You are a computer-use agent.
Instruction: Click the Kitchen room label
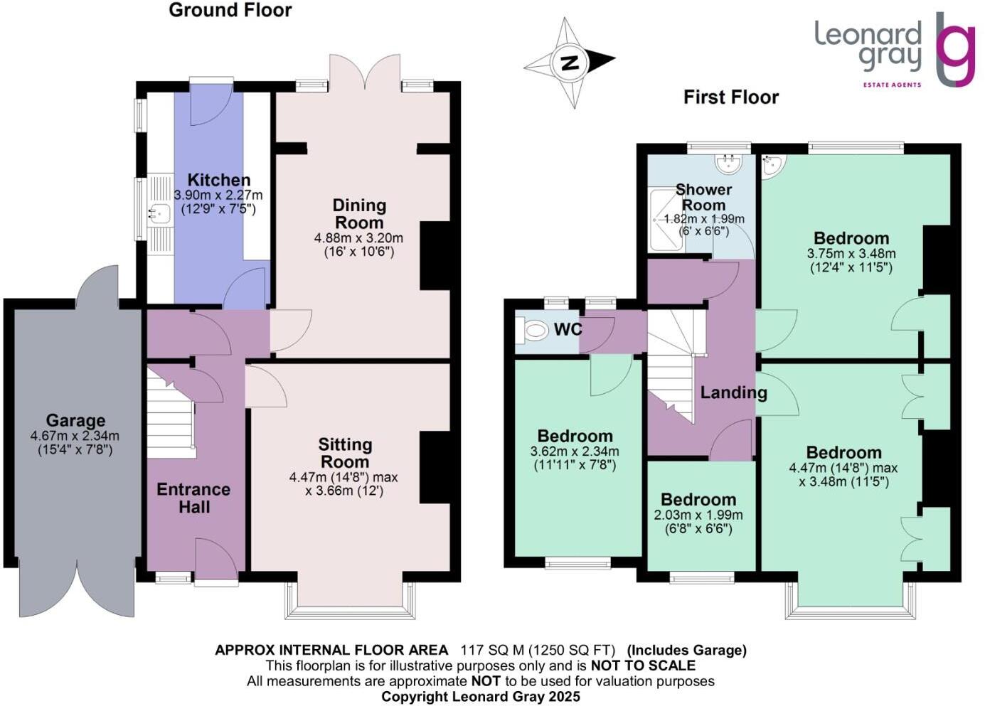pos(218,180)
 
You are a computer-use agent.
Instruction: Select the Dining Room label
pos(359,213)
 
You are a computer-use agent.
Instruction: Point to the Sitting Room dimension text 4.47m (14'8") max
pos(344,477)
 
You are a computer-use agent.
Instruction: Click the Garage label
pos(75,420)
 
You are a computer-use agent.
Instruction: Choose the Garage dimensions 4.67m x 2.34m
pos(75,436)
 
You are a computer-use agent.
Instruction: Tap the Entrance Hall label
pos(193,498)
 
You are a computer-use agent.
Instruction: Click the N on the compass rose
pos(569,63)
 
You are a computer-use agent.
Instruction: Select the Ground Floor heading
pos(230,10)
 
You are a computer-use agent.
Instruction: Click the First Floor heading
pos(730,97)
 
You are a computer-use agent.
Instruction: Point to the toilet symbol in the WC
pos(533,330)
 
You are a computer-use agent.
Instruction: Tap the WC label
pos(568,329)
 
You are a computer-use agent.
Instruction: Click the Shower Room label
pos(703,197)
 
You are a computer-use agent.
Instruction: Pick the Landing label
pos(733,392)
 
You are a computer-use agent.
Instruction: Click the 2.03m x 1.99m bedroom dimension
pos(698,515)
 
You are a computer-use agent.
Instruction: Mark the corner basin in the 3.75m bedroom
pos(772,166)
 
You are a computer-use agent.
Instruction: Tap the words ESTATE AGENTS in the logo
pos(892,85)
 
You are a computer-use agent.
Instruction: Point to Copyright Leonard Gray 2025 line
pos(480,697)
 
